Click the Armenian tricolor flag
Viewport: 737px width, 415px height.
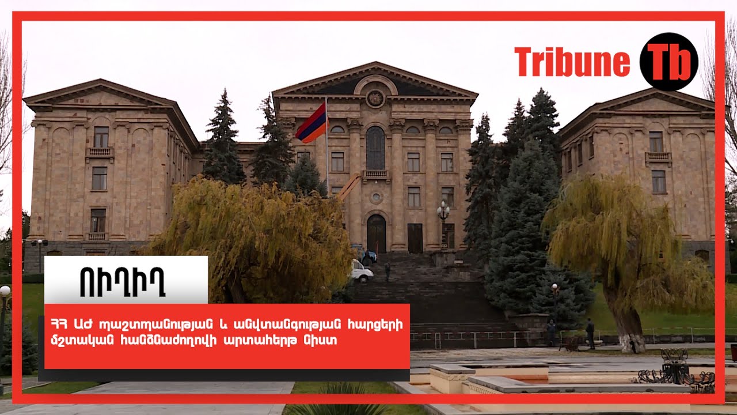click(312, 123)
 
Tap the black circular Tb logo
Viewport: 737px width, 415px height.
click(668, 62)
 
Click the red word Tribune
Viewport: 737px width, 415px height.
click(572, 62)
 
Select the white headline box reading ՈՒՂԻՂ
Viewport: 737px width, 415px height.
click(126, 280)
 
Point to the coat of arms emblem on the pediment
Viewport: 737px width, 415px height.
click(375, 98)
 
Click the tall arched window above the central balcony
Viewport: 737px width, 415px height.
click(375, 148)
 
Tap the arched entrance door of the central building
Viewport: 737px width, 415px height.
click(377, 234)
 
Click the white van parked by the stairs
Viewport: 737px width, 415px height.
click(361, 271)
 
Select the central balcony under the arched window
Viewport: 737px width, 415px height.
click(376, 175)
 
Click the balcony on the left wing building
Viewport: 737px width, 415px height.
click(100, 152)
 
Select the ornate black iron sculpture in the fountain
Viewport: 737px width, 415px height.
click(675, 371)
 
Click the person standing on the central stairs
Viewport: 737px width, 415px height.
click(388, 271)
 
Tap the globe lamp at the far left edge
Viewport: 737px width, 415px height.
click(5, 291)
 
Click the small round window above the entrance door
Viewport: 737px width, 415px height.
click(376, 197)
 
